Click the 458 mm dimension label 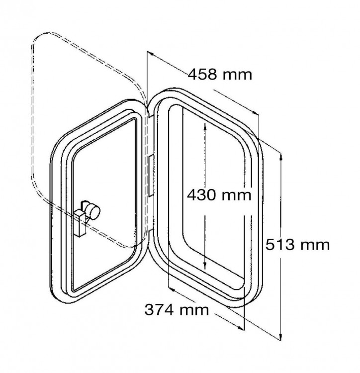coord(220,75)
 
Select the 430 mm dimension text coord(219,195)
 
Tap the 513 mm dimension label coord(297,245)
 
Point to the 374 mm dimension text coord(177,310)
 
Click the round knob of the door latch coord(93,210)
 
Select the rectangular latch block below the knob coord(80,223)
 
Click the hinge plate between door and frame coord(151,176)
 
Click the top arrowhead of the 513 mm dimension coord(280,157)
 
